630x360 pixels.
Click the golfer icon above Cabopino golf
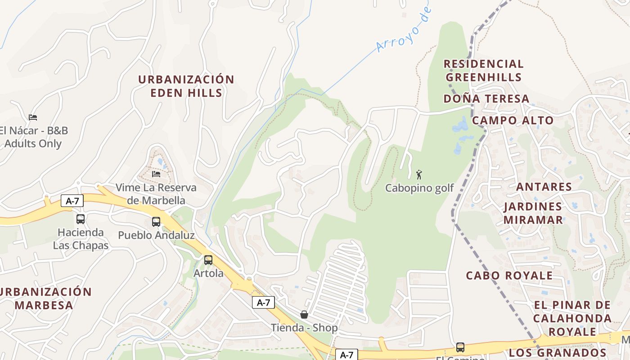(419, 175)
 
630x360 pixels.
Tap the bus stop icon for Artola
(208, 260)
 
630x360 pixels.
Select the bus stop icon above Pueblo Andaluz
(156, 222)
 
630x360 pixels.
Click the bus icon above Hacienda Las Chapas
(81, 219)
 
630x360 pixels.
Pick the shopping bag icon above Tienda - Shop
(304, 315)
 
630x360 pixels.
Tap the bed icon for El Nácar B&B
(33, 117)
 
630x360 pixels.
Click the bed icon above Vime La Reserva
(156, 174)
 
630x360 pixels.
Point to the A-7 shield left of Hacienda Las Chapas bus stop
(72, 201)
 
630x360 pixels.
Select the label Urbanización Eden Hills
(186, 86)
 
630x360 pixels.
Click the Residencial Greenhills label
(484, 71)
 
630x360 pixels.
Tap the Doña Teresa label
(486, 99)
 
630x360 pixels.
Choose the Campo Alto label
(513, 121)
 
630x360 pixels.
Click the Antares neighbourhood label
(544, 187)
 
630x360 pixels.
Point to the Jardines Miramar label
(533, 213)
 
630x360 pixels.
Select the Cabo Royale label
(509, 275)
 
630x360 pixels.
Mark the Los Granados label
(558, 352)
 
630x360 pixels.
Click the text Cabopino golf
(419, 188)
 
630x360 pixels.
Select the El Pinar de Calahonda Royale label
(572, 319)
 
